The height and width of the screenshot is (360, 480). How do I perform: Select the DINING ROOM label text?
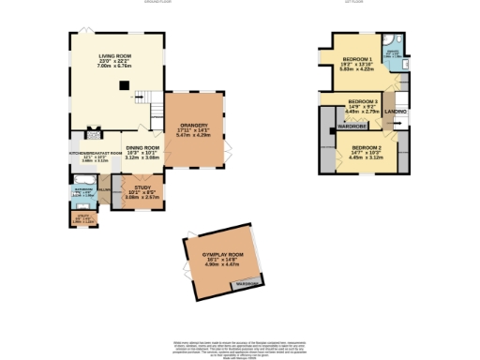(142, 148)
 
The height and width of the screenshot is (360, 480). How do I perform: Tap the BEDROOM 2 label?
(367, 148)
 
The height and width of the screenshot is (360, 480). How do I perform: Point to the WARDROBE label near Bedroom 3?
(341, 126)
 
